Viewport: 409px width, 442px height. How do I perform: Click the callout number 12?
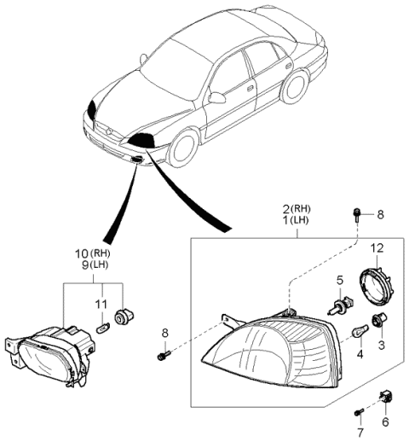(x=377, y=249)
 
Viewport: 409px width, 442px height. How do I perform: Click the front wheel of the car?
(x=181, y=146)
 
